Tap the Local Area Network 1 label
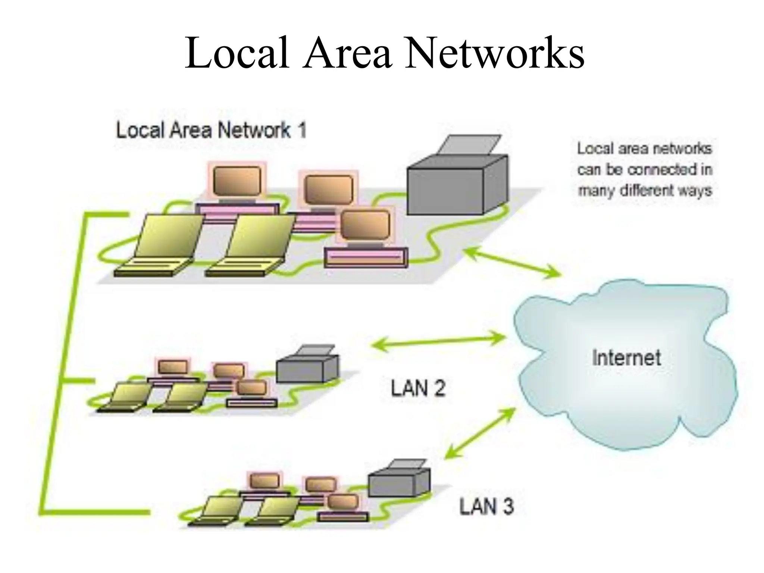(211, 131)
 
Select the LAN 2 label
(418, 389)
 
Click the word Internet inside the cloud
(626, 357)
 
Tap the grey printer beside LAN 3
(399, 481)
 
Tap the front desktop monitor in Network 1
(366, 226)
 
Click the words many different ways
(645, 191)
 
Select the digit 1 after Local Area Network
(302, 131)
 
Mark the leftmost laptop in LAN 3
(216, 511)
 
